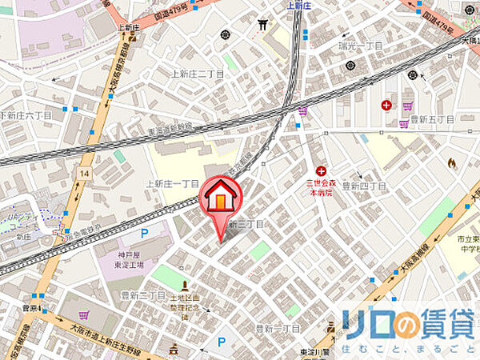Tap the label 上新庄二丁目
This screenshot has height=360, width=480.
click(198, 74)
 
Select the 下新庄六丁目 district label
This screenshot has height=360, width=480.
click(26, 115)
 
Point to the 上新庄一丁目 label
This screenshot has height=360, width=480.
click(172, 183)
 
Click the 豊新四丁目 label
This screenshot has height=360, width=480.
click(364, 186)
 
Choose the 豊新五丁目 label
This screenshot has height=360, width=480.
click(431, 120)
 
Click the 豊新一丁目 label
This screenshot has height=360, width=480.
click(278, 329)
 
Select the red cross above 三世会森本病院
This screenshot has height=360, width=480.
click(321, 170)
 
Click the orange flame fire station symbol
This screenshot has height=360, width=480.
click(452, 163)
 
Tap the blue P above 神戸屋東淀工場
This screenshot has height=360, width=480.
click(145, 234)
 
